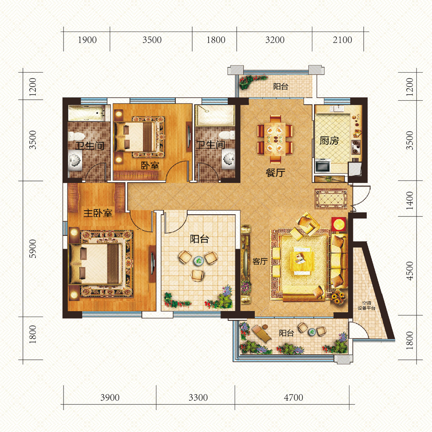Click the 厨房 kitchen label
(x=329, y=140)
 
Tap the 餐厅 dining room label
(x=275, y=173)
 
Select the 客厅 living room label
(x=260, y=261)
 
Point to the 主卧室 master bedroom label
(x=98, y=213)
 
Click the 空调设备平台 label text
(x=366, y=305)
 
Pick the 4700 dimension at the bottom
(x=293, y=397)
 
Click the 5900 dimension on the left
(x=32, y=249)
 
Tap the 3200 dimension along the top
(x=275, y=40)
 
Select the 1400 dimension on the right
(x=410, y=200)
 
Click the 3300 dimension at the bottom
(x=198, y=397)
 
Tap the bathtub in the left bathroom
(x=86, y=113)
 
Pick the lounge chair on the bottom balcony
(x=261, y=333)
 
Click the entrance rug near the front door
(x=331, y=199)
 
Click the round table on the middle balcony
(x=198, y=260)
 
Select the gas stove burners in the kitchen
(x=356, y=147)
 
